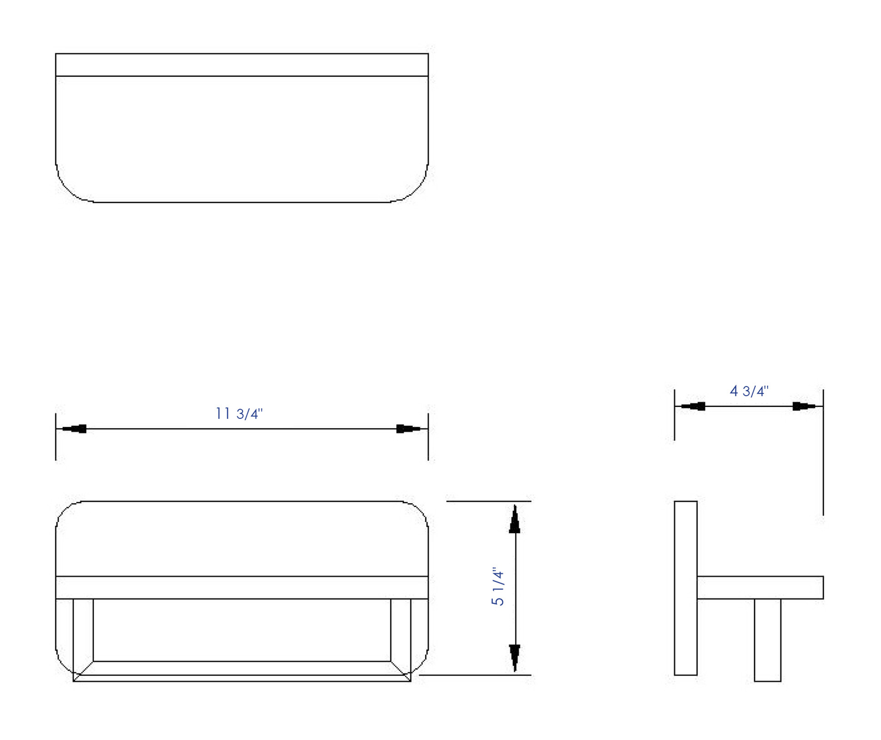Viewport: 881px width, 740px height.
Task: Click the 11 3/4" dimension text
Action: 238,414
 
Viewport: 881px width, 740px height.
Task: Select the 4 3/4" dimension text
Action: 749,391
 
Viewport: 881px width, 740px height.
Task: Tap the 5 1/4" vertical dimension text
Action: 498,587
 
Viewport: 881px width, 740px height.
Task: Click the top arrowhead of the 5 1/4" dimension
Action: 515,519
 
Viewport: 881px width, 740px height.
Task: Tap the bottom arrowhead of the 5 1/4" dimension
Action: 515,657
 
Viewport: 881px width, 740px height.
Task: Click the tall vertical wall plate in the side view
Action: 685,587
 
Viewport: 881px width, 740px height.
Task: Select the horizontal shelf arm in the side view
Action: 760,588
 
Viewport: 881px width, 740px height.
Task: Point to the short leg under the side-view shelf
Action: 768,640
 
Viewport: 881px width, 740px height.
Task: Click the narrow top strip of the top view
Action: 242,65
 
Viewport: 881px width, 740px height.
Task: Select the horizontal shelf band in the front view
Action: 242,588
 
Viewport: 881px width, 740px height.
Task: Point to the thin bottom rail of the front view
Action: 242,678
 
